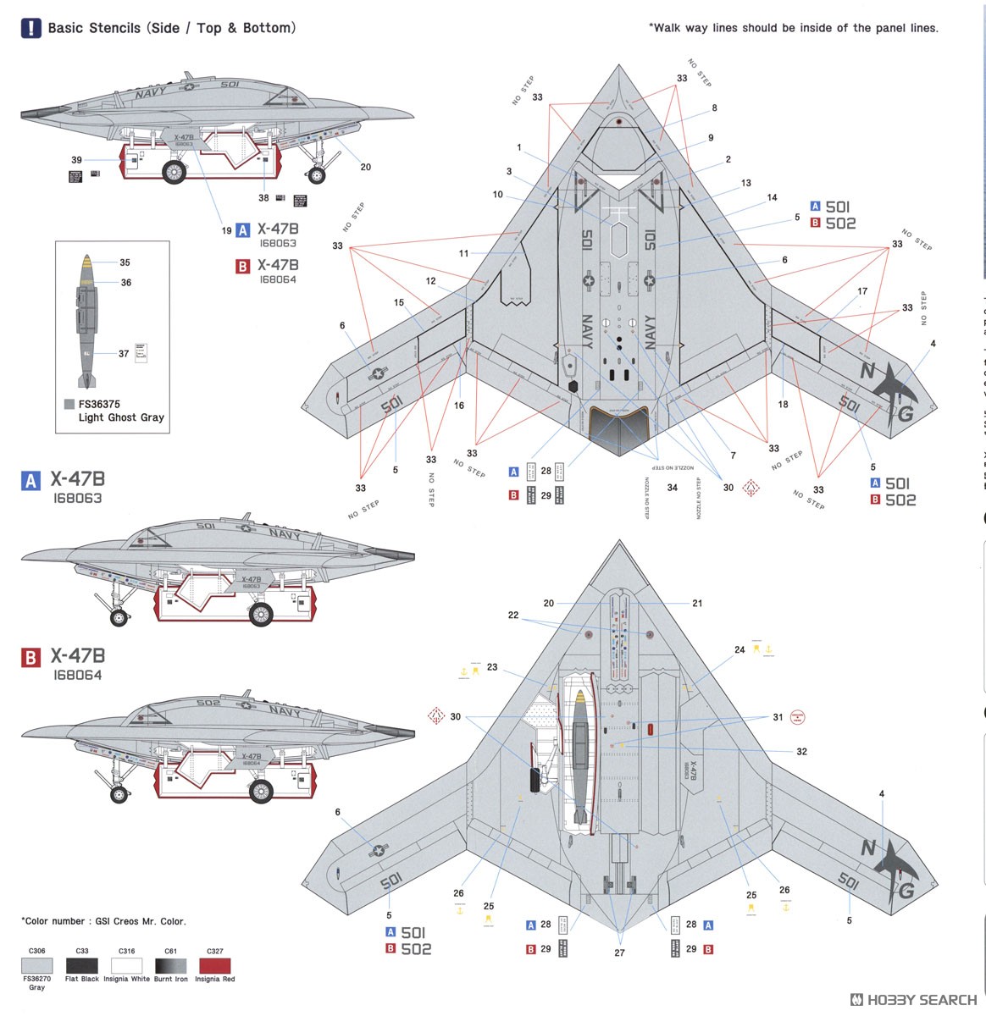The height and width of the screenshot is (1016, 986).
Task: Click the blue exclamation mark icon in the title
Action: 30,28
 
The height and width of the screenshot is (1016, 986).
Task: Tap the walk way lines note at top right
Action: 794,28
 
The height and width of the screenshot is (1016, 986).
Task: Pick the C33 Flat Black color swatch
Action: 82,966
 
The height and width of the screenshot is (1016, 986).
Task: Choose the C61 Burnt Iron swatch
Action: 170,966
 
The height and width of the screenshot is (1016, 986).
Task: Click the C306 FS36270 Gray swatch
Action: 37,966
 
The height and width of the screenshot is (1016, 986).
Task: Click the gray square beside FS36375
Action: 69,405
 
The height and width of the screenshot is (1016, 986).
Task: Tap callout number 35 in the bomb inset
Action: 125,263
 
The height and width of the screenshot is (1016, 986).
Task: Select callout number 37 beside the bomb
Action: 124,354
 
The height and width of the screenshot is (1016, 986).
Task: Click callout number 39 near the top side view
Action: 77,160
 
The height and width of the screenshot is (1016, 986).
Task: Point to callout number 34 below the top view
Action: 673,488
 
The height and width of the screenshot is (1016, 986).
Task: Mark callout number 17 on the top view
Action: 862,291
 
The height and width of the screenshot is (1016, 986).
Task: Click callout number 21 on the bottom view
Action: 697,604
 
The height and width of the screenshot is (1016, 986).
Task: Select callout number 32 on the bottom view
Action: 801,751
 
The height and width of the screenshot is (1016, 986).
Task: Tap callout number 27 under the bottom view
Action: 620,952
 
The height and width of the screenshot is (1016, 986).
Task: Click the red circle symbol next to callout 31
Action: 796,718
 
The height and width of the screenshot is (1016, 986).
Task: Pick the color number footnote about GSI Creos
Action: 103,921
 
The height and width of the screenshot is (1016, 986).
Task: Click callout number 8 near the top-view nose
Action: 714,108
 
